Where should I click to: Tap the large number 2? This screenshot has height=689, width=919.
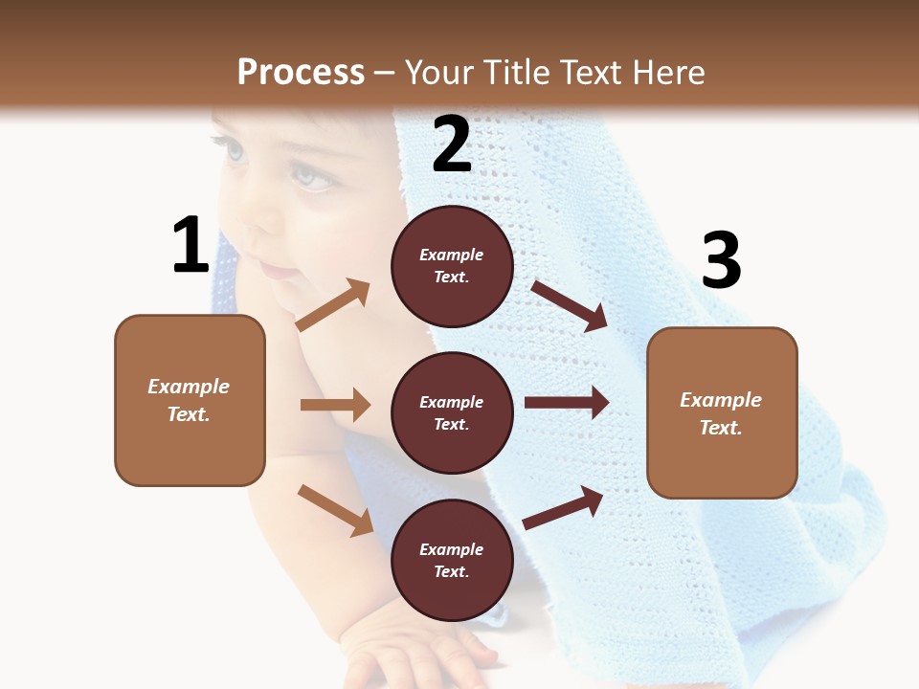[452, 144]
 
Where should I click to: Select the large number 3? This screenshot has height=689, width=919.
[721, 260]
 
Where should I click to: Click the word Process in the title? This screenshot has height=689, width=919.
[301, 72]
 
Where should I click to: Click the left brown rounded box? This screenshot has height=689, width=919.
[190, 400]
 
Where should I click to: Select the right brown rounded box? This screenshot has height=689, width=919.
[722, 412]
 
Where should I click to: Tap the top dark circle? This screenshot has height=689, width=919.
[452, 266]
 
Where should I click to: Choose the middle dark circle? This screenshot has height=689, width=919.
[452, 412]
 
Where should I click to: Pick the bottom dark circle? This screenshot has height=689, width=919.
[452, 560]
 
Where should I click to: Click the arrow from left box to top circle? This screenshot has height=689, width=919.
[333, 305]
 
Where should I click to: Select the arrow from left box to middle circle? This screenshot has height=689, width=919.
[335, 405]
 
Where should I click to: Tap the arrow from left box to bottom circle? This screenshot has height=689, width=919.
[335, 510]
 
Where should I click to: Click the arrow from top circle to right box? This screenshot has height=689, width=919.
[569, 305]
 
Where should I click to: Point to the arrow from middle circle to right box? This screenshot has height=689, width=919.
[567, 403]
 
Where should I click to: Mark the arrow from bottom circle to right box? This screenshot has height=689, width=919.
[563, 507]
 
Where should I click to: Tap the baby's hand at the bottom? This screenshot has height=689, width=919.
[421, 651]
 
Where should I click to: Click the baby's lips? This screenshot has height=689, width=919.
[280, 272]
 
